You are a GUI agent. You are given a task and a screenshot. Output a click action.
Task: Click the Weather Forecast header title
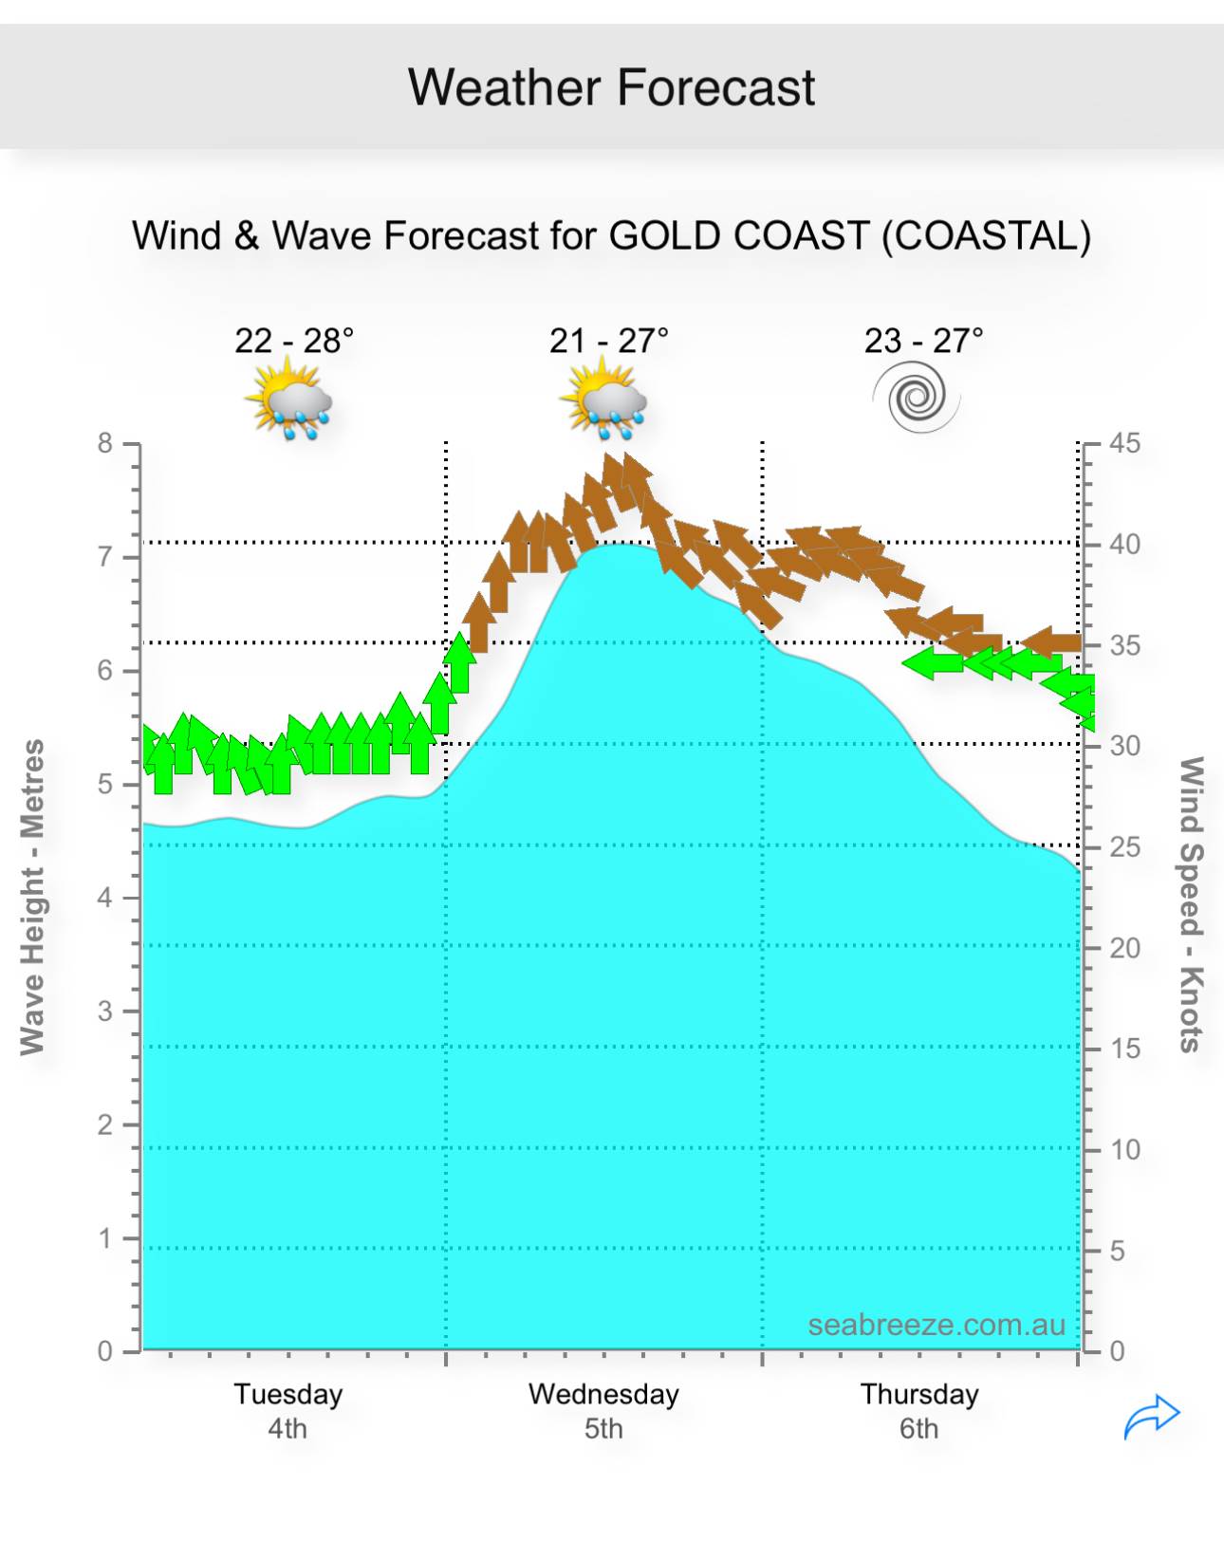coord(611,87)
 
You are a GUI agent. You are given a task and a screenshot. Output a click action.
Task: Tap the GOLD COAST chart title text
coord(611,235)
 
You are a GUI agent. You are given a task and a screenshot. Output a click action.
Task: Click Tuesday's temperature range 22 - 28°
coord(294,340)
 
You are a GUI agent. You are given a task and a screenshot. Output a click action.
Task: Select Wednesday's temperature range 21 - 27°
coord(608,340)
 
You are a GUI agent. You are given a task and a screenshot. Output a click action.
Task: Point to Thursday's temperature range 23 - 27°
coord(923,340)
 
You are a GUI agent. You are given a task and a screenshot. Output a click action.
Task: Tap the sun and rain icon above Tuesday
coord(288,399)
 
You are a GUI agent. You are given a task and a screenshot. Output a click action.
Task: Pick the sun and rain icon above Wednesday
coord(603,399)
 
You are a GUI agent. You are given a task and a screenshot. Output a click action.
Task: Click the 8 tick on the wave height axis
coord(105,443)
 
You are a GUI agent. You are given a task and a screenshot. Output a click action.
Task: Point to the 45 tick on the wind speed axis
coord(1124,443)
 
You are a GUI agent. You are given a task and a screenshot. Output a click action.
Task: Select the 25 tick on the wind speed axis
coord(1124,846)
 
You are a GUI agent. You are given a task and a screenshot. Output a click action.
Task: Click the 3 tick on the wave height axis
coord(105,1012)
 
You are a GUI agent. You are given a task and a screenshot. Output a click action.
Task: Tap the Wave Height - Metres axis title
coord(33,897)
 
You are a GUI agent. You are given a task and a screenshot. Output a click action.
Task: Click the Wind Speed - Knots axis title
coord(1191,903)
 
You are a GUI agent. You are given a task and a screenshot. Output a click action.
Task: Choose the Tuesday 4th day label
coord(287,1410)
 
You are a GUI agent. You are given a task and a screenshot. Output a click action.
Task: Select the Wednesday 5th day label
coord(603,1410)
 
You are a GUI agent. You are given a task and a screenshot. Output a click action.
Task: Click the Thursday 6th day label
coord(918,1410)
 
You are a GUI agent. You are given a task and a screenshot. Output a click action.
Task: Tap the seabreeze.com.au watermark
coord(937,1325)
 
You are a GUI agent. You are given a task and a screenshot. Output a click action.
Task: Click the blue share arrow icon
coord(1151,1417)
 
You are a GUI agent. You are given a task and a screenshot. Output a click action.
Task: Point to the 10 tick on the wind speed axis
coord(1124,1150)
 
